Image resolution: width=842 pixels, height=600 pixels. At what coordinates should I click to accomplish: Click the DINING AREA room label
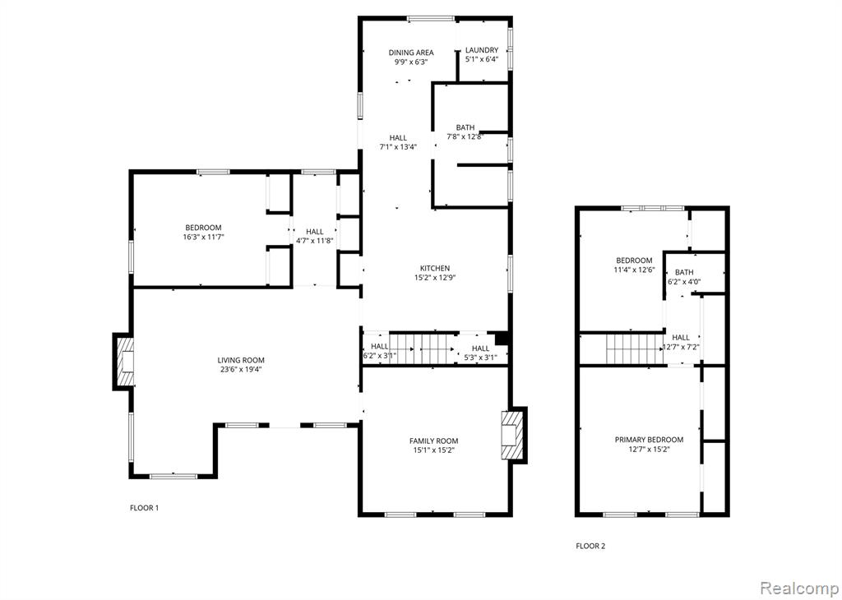point(411,53)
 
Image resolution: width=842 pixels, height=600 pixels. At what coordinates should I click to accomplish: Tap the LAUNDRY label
point(482,50)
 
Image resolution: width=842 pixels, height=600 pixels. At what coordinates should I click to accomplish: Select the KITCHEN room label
point(435,268)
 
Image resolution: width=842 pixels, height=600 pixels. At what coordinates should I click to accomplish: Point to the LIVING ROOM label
point(241,360)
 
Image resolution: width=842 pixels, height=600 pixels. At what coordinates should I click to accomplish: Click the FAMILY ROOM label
point(434,441)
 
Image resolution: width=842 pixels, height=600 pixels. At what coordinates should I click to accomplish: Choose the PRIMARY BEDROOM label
point(650,440)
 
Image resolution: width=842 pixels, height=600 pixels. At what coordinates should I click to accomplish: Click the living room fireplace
point(123,361)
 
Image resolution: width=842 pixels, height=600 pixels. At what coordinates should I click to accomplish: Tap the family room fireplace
point(514,436)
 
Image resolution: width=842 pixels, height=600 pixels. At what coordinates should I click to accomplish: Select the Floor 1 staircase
point(423,348)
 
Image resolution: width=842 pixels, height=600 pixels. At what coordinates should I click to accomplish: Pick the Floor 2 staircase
point(636,348)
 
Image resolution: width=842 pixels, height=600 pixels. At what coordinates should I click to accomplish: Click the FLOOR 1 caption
point(145,508)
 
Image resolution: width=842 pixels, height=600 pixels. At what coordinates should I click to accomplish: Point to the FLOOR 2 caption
point(590,547)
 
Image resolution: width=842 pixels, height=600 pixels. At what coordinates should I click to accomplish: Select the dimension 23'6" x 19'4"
point(241,369)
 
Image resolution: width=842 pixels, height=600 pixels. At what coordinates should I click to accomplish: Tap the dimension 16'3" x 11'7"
point(203,237)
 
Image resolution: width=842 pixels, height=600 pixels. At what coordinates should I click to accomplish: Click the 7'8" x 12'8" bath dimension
point(465,137)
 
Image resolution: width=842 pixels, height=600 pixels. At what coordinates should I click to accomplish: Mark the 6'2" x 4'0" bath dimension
point(684,281)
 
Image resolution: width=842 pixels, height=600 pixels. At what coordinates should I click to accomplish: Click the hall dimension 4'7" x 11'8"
point(315,241)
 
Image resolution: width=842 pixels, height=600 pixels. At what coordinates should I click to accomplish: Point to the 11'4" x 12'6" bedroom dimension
point(634,270)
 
